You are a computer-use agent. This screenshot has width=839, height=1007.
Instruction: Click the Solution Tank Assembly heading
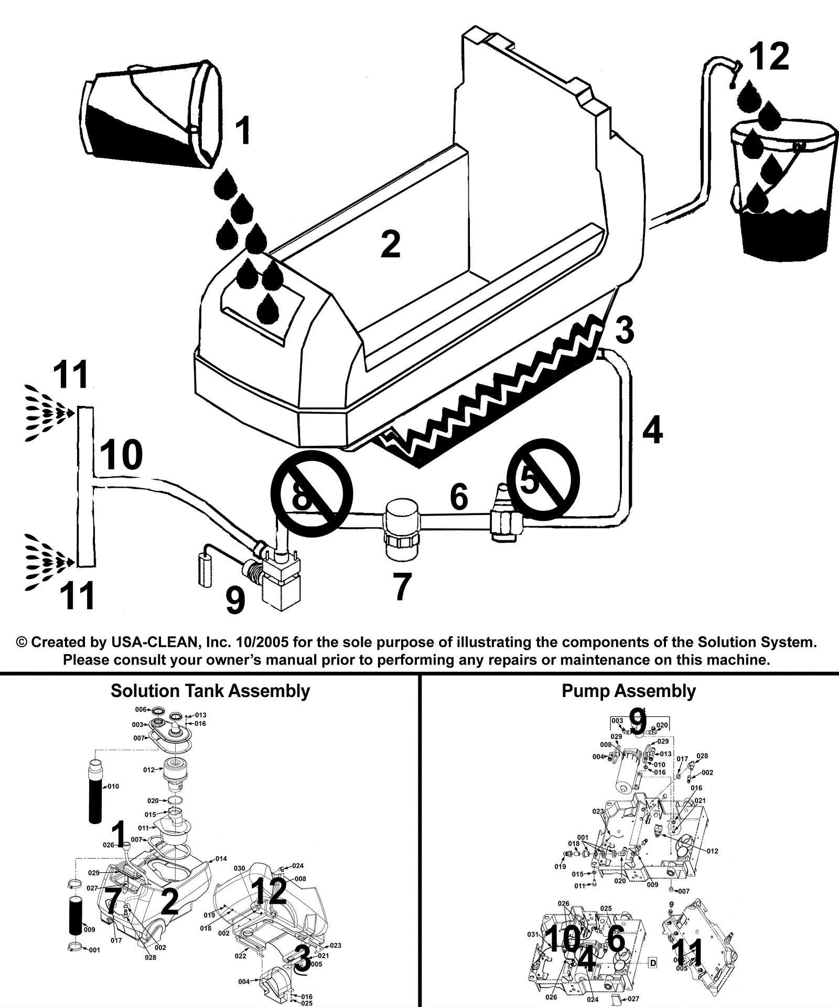pos(210,691)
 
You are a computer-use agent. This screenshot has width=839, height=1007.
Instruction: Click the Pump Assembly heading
pos(628,691)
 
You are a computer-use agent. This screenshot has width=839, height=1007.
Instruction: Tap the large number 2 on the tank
pos(390,244)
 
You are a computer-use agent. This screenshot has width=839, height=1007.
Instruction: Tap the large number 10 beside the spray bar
pos(121,455)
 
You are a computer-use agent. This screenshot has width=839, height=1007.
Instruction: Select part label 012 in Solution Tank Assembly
pos(149,770)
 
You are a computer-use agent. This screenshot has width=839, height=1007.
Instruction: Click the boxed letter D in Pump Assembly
pos(653,962)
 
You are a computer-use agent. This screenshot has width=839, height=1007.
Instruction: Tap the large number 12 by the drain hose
pos(769,57)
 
